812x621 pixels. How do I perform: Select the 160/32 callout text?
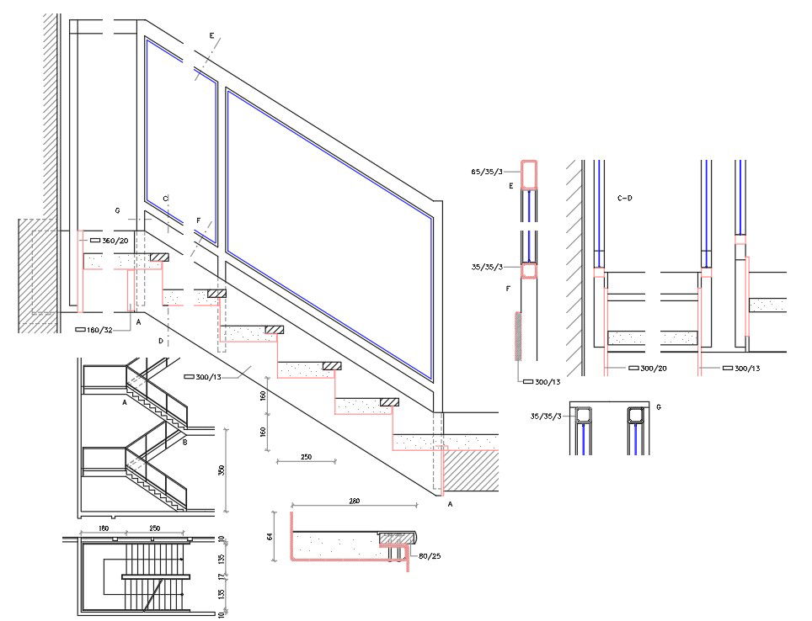(99, 330)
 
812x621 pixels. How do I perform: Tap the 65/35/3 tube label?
(486, 172)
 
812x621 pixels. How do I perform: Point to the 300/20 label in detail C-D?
(654, 368)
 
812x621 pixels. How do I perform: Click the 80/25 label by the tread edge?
(430, 555)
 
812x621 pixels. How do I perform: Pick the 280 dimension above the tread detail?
(355, 502)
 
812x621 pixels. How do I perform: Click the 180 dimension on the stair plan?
(104, 528)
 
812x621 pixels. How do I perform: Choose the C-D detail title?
(625, 199)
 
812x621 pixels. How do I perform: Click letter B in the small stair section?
(184, 441)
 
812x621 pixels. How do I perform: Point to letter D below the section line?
(160, 341)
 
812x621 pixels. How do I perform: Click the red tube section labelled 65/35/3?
(529, 173)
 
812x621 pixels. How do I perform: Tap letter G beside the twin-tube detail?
(658, 407)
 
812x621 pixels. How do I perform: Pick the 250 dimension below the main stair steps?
(306, 456)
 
